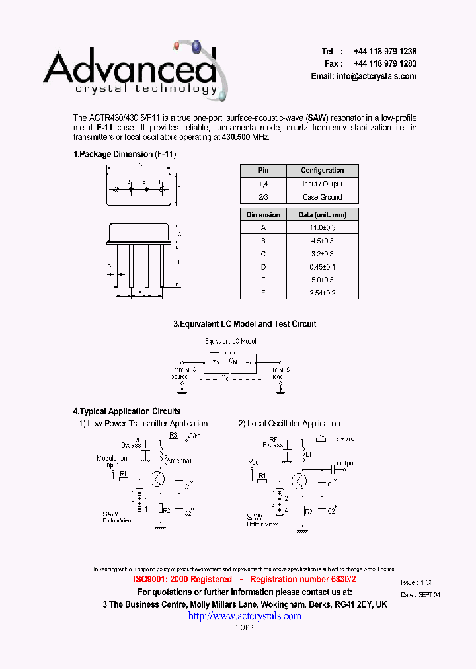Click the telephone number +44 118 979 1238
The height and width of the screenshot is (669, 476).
pyautogui.click(x=385, y=52)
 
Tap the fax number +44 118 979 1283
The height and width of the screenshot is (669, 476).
pyautogui.click(x=385, y=64)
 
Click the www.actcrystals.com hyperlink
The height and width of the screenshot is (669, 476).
pyautogui.click(x=245, y=616)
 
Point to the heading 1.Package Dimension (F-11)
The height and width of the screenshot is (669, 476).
pyautogui.click(x=124, y=154)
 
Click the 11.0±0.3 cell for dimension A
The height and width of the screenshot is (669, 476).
pyautogui.click(x=323, y=227)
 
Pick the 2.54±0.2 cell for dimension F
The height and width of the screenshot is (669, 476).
pyautogui.click(x=323, y=292)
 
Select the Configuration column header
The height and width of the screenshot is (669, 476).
pyautogui.click(x=323, y=171)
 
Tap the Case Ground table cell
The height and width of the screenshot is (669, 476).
pyautogui.click(x=323, y=197)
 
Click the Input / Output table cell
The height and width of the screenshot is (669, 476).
pyautogui.click(x=323, y=184)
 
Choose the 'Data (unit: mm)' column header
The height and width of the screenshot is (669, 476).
pyautogui.click(x=323, y=215)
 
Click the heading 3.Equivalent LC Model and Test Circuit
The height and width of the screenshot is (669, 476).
pyautogui.click(x=245, y=324)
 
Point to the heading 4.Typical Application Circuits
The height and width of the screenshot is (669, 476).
pyautogui.click(x=127, y=411)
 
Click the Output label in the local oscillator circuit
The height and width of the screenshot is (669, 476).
pyautogui.click(x=346, y=463)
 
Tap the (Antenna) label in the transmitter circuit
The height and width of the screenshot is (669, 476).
pyautogui.click(x=178, y=460)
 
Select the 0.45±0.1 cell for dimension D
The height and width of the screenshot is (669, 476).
pyautogui.click(x=323, y=266)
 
